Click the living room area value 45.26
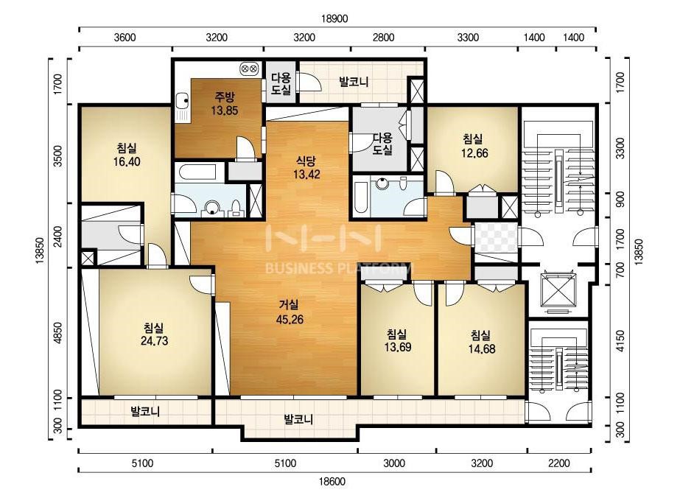pos(290,320)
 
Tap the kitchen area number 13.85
pos(225,111)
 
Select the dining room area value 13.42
pos(306,175)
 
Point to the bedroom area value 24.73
pos(155,341)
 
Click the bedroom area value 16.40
pos(127,162)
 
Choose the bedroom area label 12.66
pos(475,153)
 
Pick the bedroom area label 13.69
pos(398,347)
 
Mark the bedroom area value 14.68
pos(481,348)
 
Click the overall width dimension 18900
pos(334,18)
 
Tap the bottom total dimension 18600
pos(332,482)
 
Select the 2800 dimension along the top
pos(384,38)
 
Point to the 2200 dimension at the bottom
pos(559,463)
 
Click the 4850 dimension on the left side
pos(57,333)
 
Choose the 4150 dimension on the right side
pos(620,341)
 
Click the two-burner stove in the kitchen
pos(249,68)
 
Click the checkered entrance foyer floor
pos(497,238)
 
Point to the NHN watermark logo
pos(325,238)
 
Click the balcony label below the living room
pos(298,419)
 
